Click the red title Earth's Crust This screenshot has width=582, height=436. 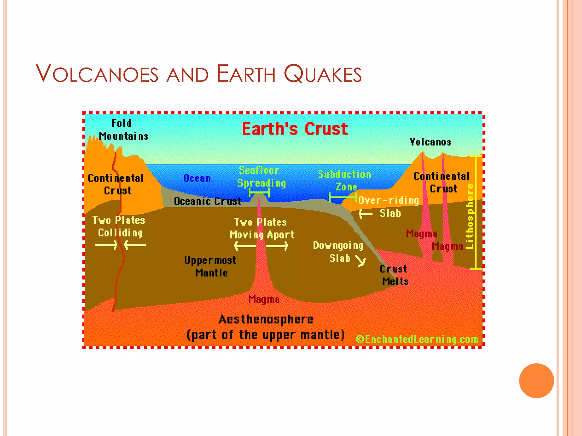(295, 129)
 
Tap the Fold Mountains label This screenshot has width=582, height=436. (123, 130)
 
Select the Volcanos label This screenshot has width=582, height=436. (430, 142)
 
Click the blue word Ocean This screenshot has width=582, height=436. (197, 178)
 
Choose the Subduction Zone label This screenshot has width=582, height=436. (345, 181)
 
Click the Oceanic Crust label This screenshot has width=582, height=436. (207, 202)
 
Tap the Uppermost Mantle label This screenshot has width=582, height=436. (210, 266)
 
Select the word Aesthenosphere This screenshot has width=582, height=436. (266, 320)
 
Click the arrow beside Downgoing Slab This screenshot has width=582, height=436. (361, 261)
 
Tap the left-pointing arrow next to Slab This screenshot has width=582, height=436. (365, 213)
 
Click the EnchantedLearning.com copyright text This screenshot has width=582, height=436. (417, 339)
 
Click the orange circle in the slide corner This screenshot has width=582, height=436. (536, 381)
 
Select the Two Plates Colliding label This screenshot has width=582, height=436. (119, 227)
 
